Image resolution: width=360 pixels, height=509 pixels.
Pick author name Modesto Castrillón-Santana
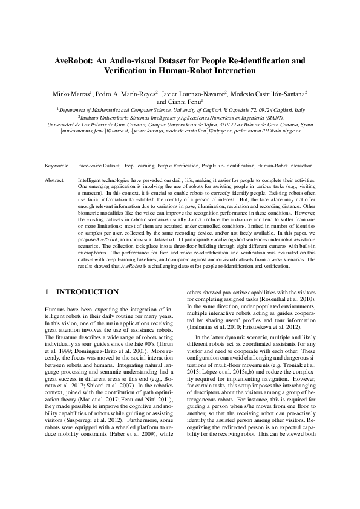tap(269, 94)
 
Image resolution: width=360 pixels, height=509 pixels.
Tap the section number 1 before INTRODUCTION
tap(48, 292)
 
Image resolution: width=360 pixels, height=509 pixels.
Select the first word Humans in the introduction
tap(56, 309)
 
